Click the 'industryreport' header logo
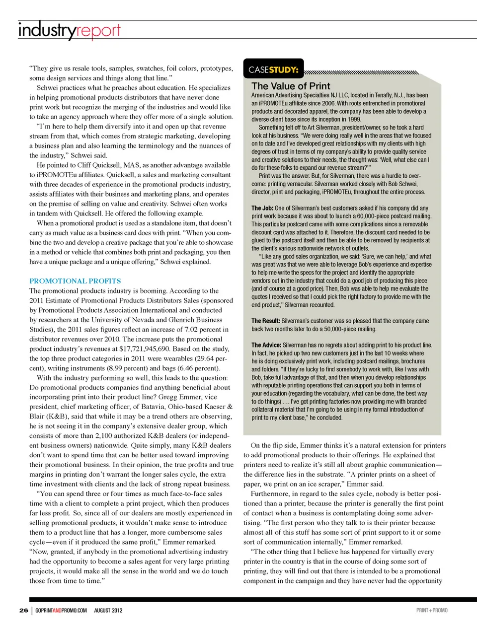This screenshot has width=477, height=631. click(69, 31)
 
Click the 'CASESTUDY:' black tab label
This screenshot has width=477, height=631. click(273, 70)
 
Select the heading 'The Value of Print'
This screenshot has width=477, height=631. click(291, 86)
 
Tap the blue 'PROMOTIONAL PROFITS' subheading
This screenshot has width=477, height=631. click(75, 281)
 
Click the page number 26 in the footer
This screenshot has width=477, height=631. click(24, 610)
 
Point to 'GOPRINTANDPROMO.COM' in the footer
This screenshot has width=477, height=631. click(61, 610)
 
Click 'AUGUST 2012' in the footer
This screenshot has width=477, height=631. click(108, 610)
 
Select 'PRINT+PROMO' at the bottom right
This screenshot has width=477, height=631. click(432, 610)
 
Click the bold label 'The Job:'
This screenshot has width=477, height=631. click(262, 209)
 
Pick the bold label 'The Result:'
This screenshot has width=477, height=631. click(266, 321)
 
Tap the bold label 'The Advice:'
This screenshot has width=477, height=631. click(266, 345)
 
